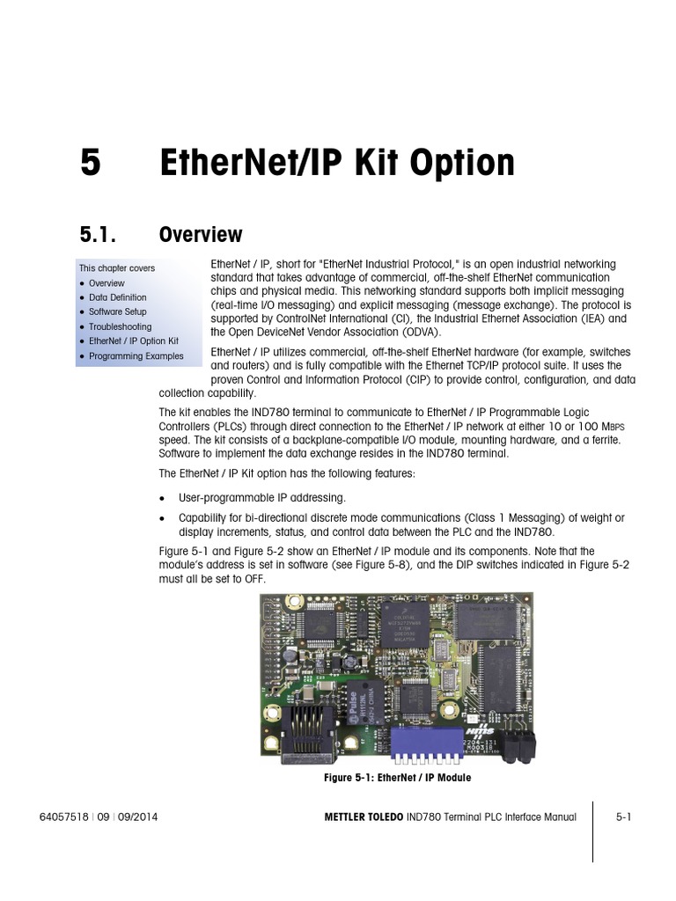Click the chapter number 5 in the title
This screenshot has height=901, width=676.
coord(90,164)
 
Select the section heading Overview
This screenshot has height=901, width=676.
coord(200,235)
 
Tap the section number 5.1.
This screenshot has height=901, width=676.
coord(99,235)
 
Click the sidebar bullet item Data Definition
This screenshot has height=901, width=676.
coord(117,297)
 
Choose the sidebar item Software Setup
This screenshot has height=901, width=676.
coord(117,311)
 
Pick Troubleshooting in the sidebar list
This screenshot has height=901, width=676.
coord(120,326)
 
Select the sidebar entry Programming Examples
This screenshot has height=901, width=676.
coord(136,356)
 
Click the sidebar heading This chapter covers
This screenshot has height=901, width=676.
coord(116,268)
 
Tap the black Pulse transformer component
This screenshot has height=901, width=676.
coord(360,701)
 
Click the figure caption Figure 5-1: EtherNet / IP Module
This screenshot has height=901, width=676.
coord(398,778)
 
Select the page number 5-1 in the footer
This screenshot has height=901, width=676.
coord(624,817)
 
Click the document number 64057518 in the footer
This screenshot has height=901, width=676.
coord(63,817)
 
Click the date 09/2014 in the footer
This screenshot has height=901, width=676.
coord(138,817)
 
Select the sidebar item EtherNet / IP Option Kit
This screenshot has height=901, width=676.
coord(133,341)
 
